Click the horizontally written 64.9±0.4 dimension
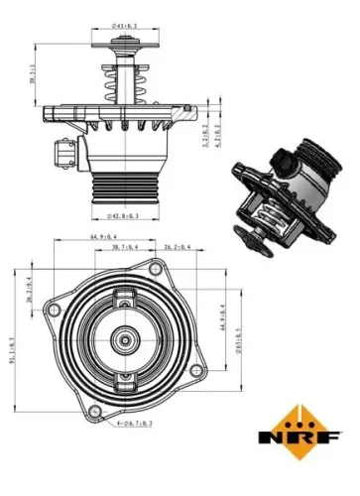coord(105,237)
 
